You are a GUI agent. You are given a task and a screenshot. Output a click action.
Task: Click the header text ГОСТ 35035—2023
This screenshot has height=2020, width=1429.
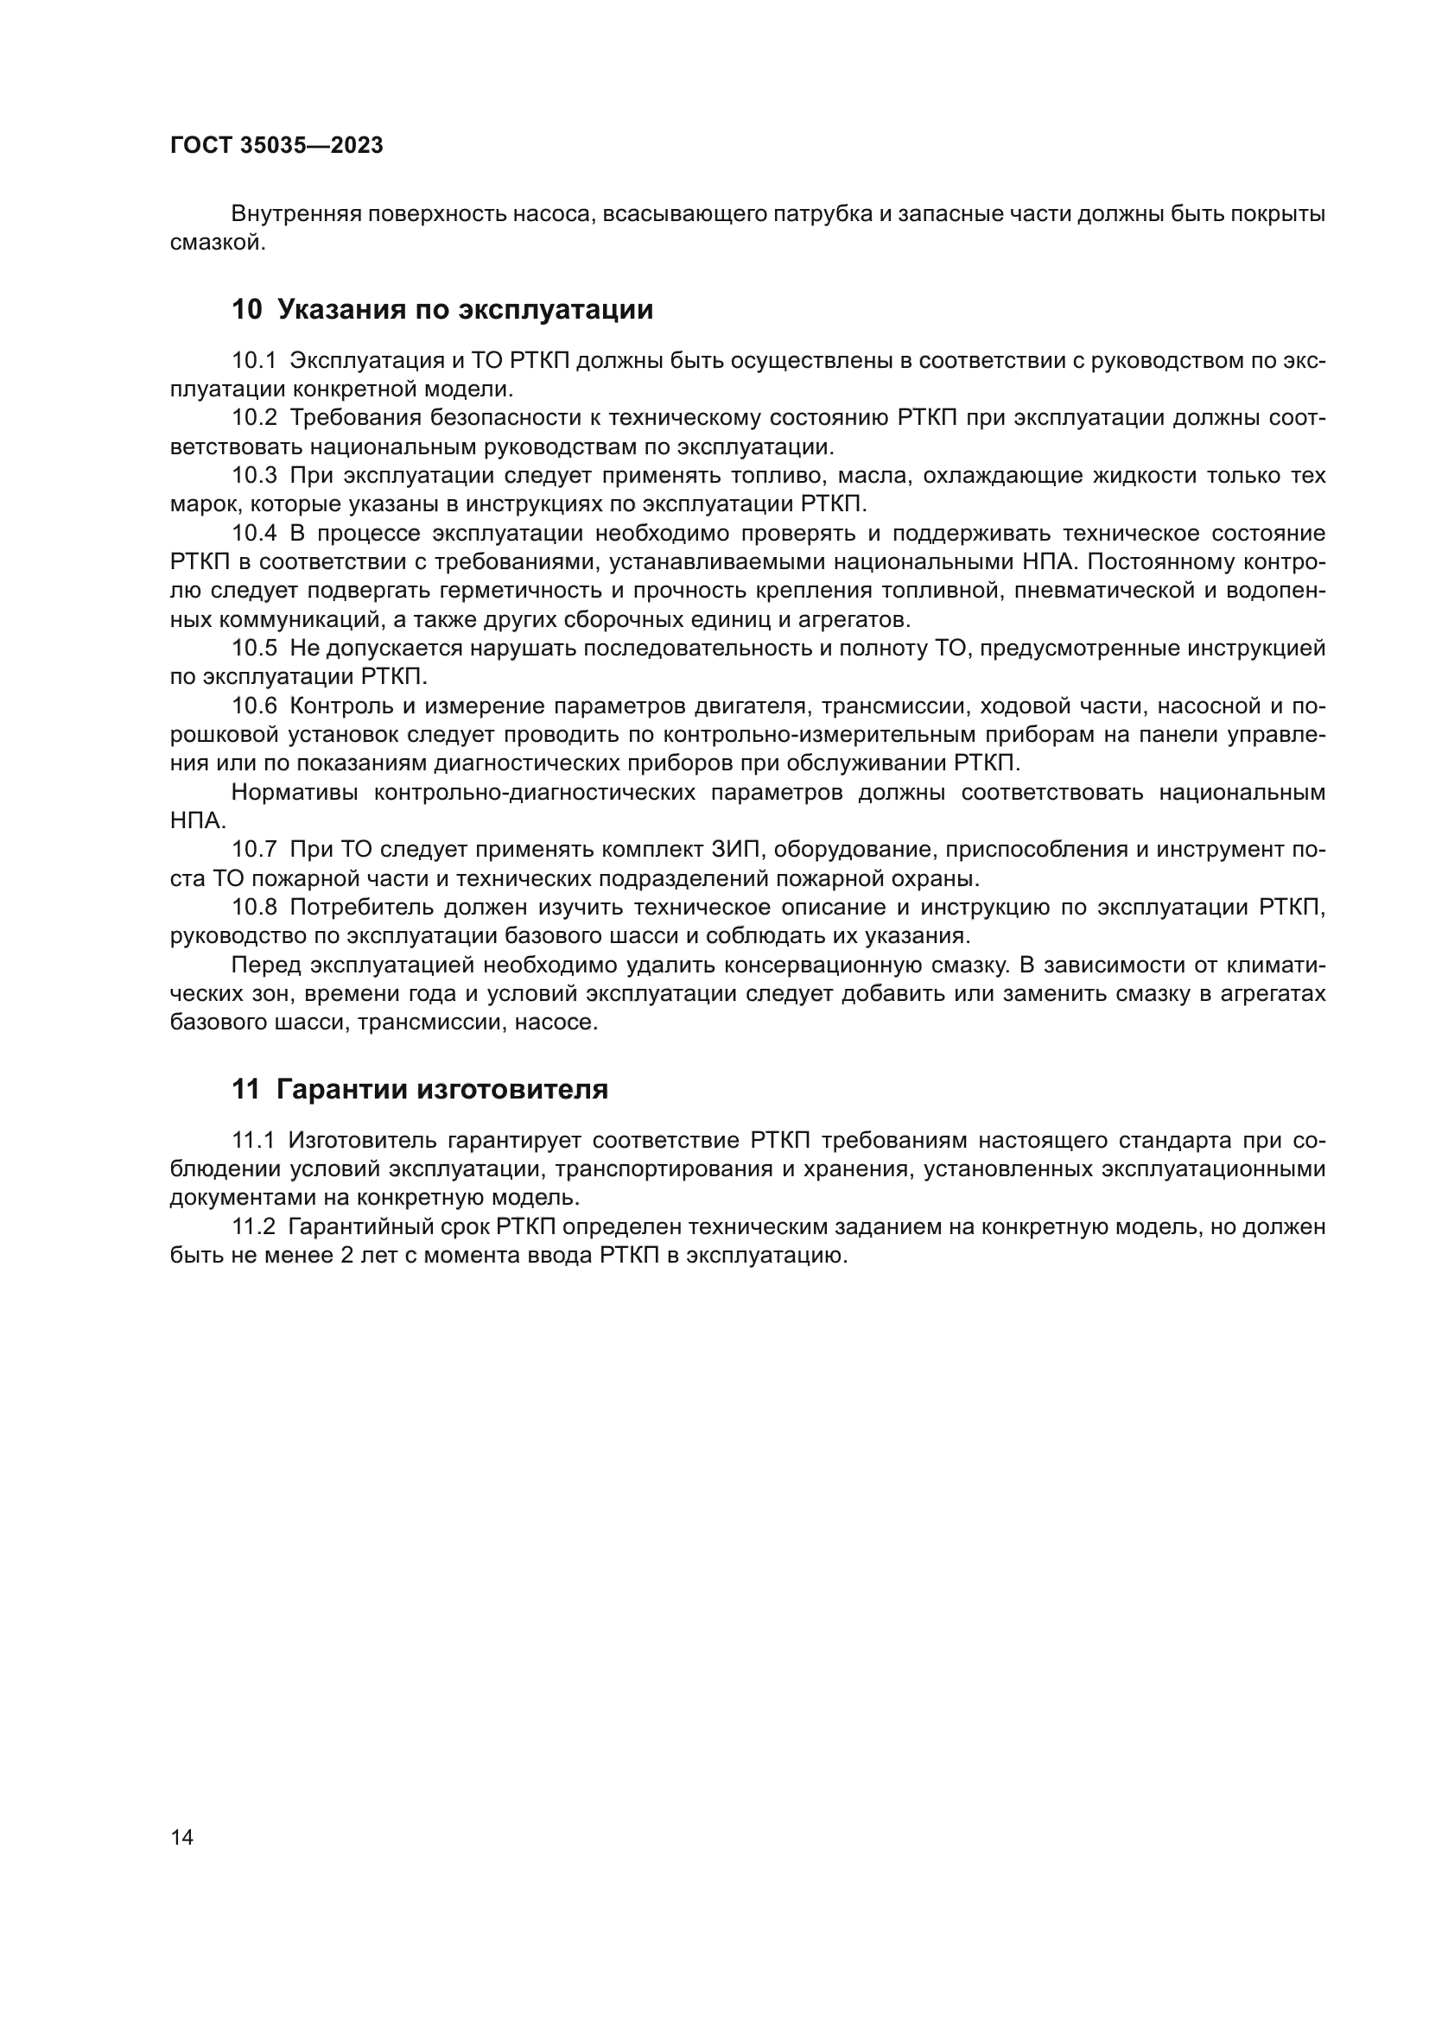click(276, 145)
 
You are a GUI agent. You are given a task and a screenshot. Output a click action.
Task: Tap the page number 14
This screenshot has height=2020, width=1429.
click(181, 1837)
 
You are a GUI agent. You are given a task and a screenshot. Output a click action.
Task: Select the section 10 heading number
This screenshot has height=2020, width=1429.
click(246, 310)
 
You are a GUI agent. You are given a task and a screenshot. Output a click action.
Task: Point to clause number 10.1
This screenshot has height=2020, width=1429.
click(253, 361)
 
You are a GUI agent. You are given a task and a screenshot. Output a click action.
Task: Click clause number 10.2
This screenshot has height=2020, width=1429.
click(253, 418)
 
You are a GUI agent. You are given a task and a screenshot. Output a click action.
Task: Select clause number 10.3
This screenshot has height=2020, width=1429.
click(253, 476)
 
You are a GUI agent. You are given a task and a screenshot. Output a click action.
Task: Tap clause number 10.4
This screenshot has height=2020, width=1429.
click(253, 534)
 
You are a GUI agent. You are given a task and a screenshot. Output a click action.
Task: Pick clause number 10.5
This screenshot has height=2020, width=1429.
click(253, 649)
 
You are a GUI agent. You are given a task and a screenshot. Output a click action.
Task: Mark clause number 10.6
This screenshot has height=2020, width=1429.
click(253, 706)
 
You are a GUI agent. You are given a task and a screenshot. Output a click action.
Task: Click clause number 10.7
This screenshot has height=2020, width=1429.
click(253, 850)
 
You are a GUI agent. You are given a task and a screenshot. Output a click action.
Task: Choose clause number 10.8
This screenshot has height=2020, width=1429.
click(253, 907)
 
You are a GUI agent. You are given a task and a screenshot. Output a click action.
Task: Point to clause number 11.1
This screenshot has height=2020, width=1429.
click(253, 1141)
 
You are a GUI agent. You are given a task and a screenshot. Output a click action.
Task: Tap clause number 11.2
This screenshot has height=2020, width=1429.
click(253, 1227)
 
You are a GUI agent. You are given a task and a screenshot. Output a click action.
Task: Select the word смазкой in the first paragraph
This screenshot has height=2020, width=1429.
click(217, 243)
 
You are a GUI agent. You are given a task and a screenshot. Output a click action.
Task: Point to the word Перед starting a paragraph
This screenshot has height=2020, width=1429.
click(267, 966)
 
